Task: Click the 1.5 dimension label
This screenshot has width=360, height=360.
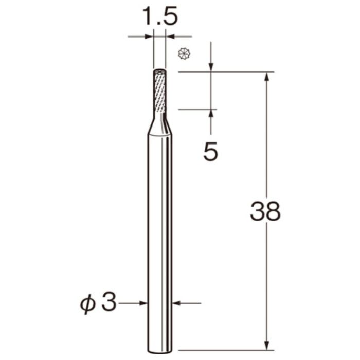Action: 160,16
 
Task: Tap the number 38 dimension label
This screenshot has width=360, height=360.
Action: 265,211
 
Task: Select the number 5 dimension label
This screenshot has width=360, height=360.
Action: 210,152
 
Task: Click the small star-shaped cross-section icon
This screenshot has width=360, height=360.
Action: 184,54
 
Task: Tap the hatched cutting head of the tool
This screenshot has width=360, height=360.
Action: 160,92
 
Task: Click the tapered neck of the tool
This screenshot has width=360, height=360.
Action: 160,124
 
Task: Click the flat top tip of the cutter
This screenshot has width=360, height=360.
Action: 160,71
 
